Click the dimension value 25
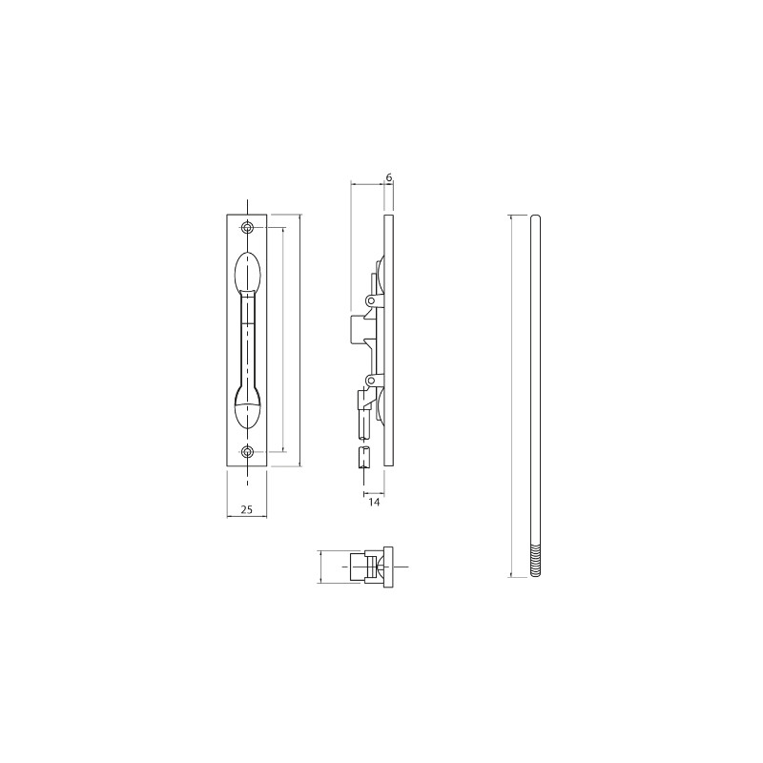point(247,509)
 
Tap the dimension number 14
point(374,503)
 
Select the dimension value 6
point(389,177)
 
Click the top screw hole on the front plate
point(248,227)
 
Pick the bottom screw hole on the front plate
point(248,452)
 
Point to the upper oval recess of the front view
point(248,272)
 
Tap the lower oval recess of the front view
point(248,409)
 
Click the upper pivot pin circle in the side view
point(371,301)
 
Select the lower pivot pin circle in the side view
point(371,380)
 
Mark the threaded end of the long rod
point(535,561)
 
